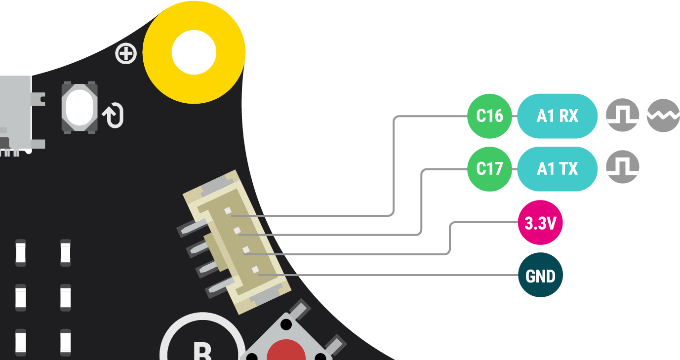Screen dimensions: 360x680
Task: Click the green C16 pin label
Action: pos(489,116)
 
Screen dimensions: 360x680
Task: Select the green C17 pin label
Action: pos(489,169)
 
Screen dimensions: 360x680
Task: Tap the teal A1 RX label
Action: pos(558,116)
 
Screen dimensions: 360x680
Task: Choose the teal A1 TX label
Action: pos(558,169)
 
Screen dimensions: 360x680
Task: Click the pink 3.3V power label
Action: pos(540,223)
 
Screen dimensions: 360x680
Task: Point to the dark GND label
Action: pos(540,276)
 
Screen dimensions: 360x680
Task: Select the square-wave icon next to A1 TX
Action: pos(623,167)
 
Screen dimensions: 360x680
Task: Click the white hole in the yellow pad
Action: pos(194,52)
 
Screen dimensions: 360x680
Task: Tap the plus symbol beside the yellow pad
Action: pos(126,54)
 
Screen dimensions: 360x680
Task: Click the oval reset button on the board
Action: pos(79,107)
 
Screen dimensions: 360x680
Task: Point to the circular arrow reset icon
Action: pos(114,116)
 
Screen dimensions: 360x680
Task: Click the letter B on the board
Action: pos(202,352)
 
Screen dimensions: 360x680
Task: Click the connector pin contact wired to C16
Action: pos(228,211)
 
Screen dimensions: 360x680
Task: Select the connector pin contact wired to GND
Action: pos(255,270)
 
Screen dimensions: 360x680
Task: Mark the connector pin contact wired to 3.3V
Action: pos(246,250)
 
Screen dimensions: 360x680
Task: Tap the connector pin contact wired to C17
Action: pos(237,231)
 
